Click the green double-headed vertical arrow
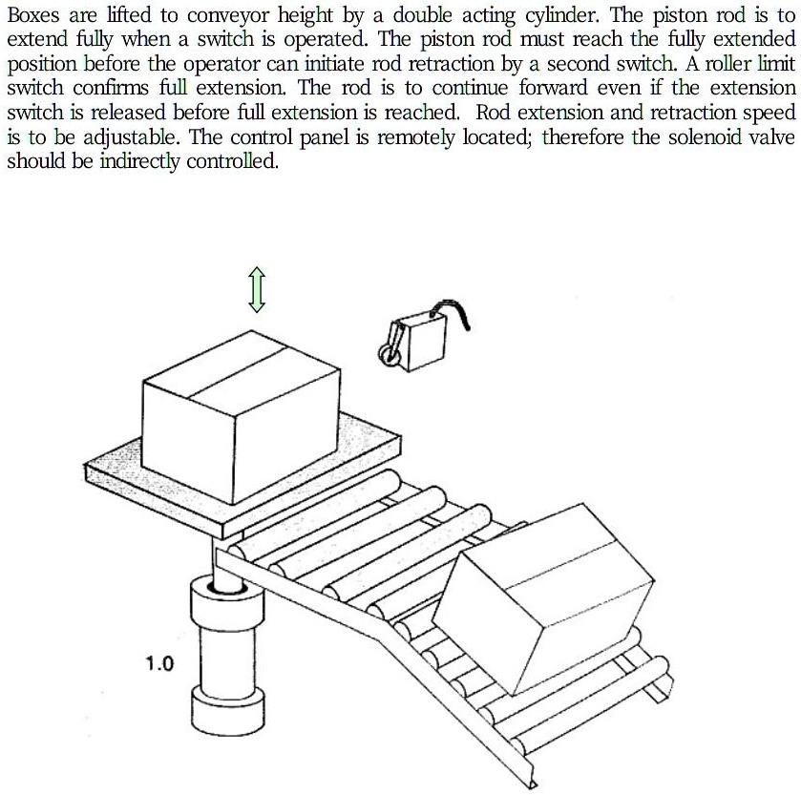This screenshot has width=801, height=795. click(x=256, y=289)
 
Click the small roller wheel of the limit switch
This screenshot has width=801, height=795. click(x=390, y=355)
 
